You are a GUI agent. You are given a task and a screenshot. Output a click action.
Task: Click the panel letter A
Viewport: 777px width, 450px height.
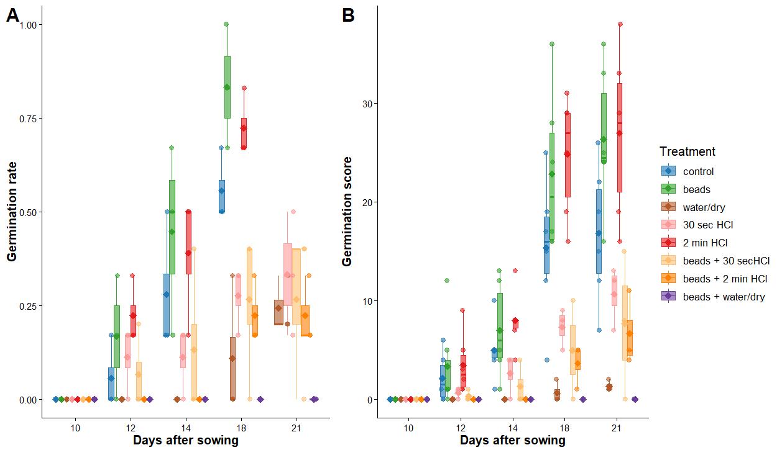[x=13, y=16]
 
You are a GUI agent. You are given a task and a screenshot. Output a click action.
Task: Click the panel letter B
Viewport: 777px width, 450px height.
[x=348, y=16]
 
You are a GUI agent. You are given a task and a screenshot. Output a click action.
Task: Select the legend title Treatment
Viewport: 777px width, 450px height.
[x=687, y=151]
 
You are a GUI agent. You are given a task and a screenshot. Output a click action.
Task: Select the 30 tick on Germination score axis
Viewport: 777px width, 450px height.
[x=368, y=103]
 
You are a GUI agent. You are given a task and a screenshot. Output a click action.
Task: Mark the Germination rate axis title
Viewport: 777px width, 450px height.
[x=12, y=212]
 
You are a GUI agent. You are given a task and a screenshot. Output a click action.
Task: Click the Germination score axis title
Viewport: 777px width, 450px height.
[x=347, y=212]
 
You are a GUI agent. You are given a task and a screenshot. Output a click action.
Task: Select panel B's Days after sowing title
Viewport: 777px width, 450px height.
[x=513, y=441]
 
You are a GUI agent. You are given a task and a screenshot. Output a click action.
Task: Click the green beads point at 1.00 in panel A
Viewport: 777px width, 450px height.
[x=226, y=24]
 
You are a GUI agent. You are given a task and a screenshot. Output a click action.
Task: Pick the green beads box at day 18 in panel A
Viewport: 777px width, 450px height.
[x=228, y=87]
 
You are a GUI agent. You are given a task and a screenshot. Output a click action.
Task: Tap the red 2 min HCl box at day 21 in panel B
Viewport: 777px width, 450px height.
[x=620, y=138]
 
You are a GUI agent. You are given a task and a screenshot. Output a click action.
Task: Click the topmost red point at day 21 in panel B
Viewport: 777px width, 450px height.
[x=620, y=24]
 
